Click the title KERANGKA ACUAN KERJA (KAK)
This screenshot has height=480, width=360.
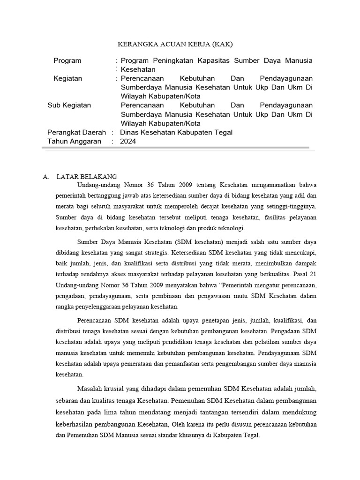click(x=174, y=44)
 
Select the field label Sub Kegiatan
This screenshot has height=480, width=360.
click(x=69, y=105)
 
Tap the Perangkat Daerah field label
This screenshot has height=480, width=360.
click(x=76, y=133)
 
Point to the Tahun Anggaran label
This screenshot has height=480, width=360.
click(x=74, y=142)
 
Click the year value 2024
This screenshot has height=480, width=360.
click(x=128, y=142)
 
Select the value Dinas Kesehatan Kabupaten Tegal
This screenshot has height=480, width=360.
click(x=176, y=133)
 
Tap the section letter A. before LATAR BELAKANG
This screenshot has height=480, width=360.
click(x=45, y=177)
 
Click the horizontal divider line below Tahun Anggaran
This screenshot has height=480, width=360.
click(x=175, y=148)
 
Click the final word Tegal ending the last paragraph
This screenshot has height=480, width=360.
click(x=250, y=435)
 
